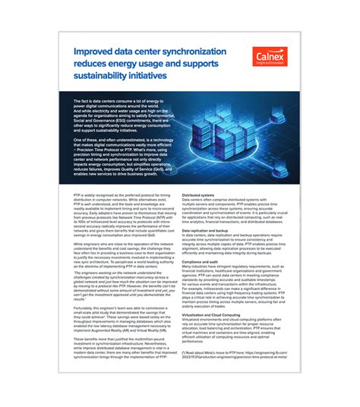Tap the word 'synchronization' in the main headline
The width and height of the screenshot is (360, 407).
point(190,51)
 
